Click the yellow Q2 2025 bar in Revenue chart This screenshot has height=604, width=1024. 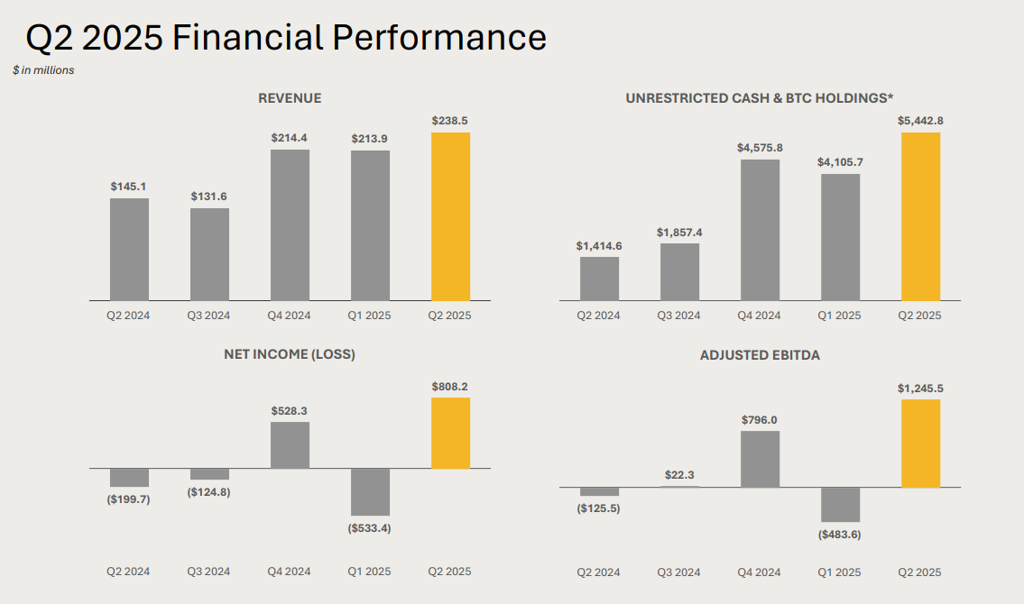450,216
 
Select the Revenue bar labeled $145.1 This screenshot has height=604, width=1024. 129,249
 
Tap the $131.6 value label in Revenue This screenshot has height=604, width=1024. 209,197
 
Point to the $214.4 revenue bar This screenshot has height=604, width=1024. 290,224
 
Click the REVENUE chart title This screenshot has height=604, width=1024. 290,98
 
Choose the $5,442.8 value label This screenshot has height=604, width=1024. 920,121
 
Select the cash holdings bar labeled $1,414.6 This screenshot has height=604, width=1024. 599,279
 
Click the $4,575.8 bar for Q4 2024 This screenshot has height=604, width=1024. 760,230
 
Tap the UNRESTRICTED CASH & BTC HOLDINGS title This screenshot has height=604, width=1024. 760,98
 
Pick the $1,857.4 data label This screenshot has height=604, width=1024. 679,233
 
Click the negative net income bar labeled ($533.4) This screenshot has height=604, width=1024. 370,491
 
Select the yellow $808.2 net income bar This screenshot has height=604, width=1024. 450,433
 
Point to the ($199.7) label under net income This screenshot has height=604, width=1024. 129,499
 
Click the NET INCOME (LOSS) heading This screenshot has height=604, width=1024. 290,354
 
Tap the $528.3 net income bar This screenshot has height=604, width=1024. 290,444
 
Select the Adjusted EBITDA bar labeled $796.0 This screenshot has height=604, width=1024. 760,459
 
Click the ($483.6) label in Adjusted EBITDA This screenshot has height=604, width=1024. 840,535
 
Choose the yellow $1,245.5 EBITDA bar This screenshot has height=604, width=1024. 920,444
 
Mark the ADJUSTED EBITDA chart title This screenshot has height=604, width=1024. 760,355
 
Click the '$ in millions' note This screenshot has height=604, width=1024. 43,70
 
